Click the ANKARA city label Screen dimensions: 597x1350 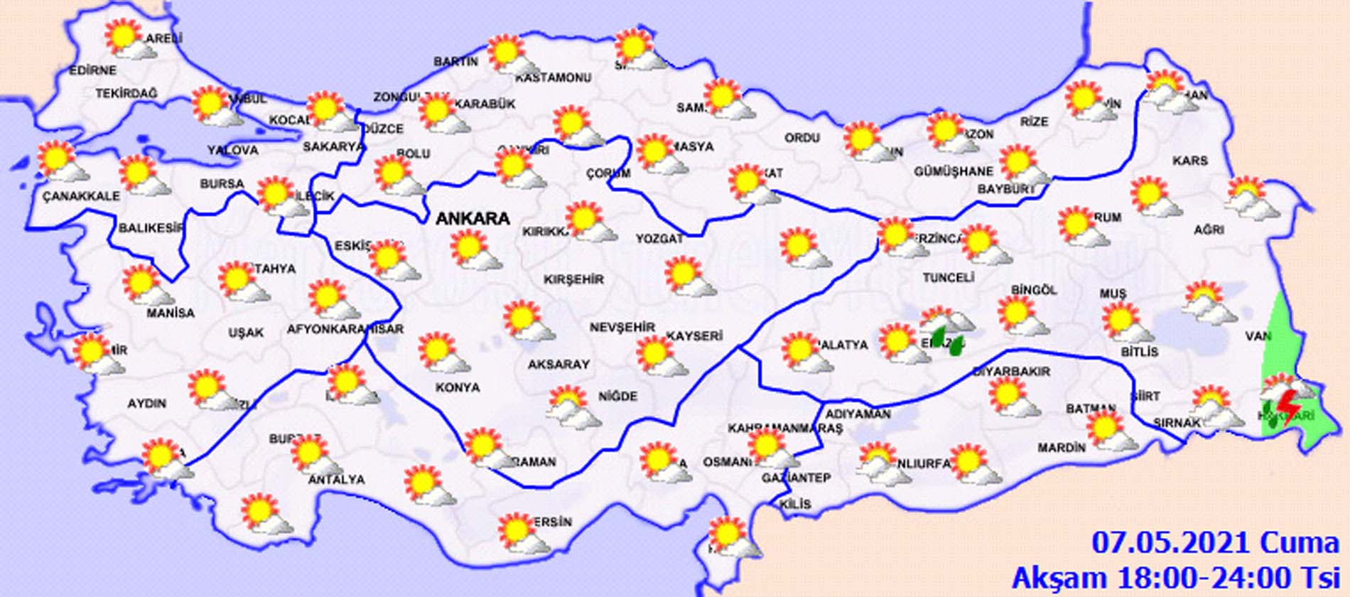pyautogui.click(x=472, y=218)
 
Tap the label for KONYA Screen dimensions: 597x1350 pyautogui.click(x=458, y=387)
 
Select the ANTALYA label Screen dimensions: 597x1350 pyautogui.click(x=336, y=480)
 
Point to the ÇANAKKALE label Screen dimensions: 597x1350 pyautogui.click(x=81, y=196)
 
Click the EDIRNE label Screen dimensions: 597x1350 pyautogui.click(x=92, y=70)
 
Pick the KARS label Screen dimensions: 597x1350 pyautogui.click(x=1190, y=161)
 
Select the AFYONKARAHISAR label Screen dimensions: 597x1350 pyautogui.click(x=345, y=329)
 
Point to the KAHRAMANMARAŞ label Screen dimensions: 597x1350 pyautogui.click(x=784, y=429)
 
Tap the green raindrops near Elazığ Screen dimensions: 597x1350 pyautogui.click(x=946, y=339)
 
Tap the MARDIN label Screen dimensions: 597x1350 pyautogui.click(x=1062, y=448)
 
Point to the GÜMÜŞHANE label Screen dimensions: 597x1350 pyautogui.click(x=953, y=171)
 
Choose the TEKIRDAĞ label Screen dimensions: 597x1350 pyautogui.click(x=126, y=93)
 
